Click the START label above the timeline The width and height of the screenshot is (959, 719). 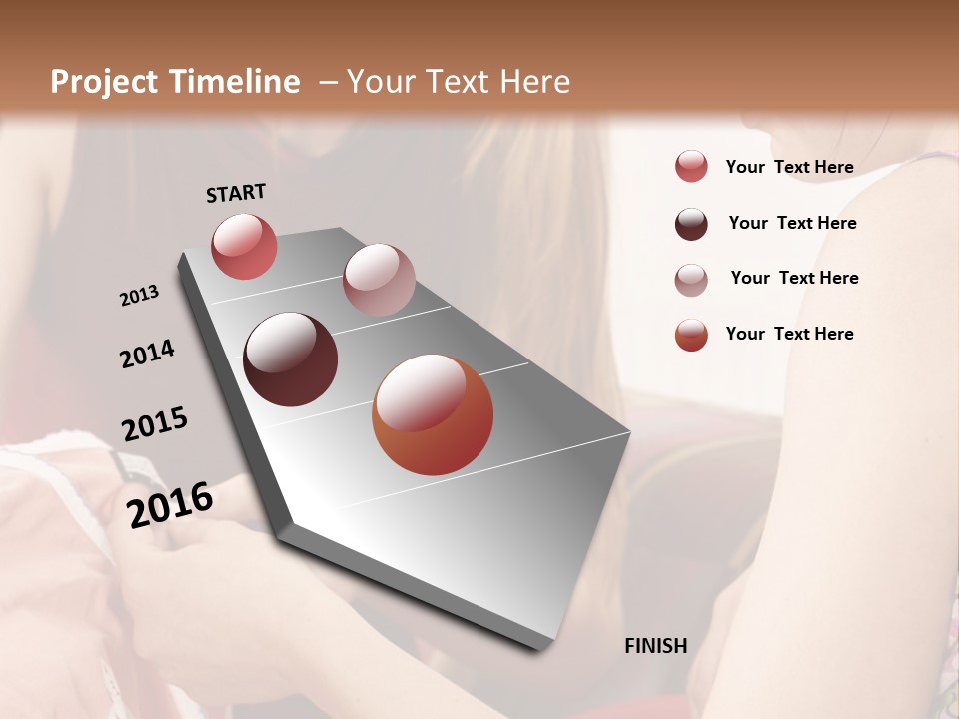click(236, 193)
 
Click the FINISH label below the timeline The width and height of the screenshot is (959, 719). click(655, 646)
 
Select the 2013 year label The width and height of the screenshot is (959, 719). click(139, 296)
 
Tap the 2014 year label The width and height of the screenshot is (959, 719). click(147, 354)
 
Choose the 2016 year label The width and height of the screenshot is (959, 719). click(170, 505)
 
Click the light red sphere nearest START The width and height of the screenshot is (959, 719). click(244, 246)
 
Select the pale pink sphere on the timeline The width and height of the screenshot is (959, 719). click(379, 280)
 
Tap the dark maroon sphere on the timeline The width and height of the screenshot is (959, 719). click(290, 359)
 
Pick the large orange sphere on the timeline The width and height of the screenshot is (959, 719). click(433, 414)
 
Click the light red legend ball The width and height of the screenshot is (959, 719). click(691, 167)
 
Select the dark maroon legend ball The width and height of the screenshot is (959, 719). click(691, 224)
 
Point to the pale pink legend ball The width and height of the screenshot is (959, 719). click(691, 280)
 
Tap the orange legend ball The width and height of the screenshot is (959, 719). click(691, 335)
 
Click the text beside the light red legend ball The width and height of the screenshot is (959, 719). click(789, 168)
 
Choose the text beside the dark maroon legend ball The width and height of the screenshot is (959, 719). click(792, 223)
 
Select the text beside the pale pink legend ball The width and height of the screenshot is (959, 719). click(794, 278)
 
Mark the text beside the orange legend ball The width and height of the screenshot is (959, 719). click(789, 334)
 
